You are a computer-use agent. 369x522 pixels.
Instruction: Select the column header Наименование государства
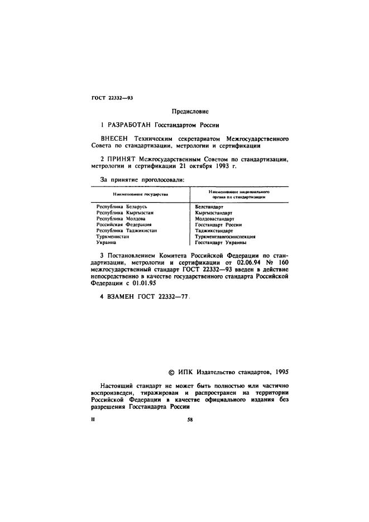tap(140, 194)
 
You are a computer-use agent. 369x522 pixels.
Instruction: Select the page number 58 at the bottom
tap(190, 421)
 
